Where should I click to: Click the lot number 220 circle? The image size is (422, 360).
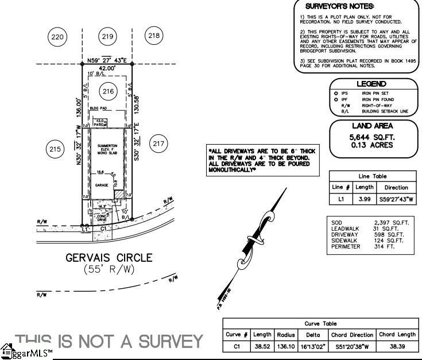[57, 37]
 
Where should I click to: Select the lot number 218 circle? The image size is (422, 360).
[154, 36]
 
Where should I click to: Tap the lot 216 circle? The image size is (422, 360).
[107, 91]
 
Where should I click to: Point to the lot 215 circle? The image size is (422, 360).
[55, 150]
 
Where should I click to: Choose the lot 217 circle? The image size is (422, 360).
[158, 143]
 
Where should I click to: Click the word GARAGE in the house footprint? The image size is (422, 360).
[102, 186]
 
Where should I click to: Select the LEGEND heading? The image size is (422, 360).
[371, 84]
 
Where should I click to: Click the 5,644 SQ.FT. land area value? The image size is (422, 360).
[371, 138]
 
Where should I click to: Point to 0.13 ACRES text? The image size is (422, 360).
[371, 145]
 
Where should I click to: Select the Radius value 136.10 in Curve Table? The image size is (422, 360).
[285, 346]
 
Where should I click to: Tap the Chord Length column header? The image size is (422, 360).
[397, 334]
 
